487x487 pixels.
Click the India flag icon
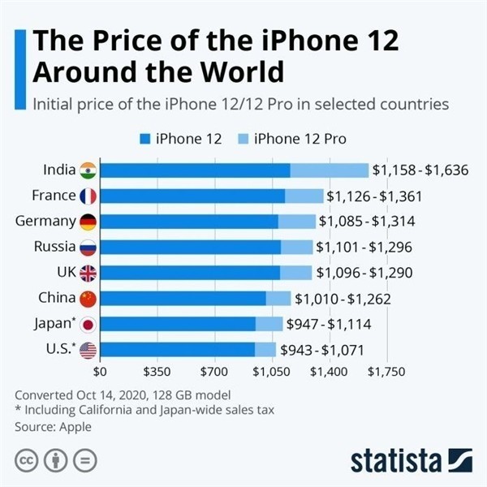coord(88,170)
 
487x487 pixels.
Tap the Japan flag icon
coord(88,325)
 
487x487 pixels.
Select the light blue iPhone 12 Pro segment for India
coord(329,170)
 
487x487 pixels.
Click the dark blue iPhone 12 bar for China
coord(183,299)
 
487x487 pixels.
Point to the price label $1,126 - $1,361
coord(374,196)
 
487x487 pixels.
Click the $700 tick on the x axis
coord(215,372)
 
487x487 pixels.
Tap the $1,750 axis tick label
coord(386,372)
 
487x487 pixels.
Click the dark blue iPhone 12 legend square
coord(148,139)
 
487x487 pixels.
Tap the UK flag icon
coord(88,274)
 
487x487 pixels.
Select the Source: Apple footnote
coord(54,426)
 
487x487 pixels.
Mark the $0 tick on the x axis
coord(101,372)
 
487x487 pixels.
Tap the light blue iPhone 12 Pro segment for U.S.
coord(265,351)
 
